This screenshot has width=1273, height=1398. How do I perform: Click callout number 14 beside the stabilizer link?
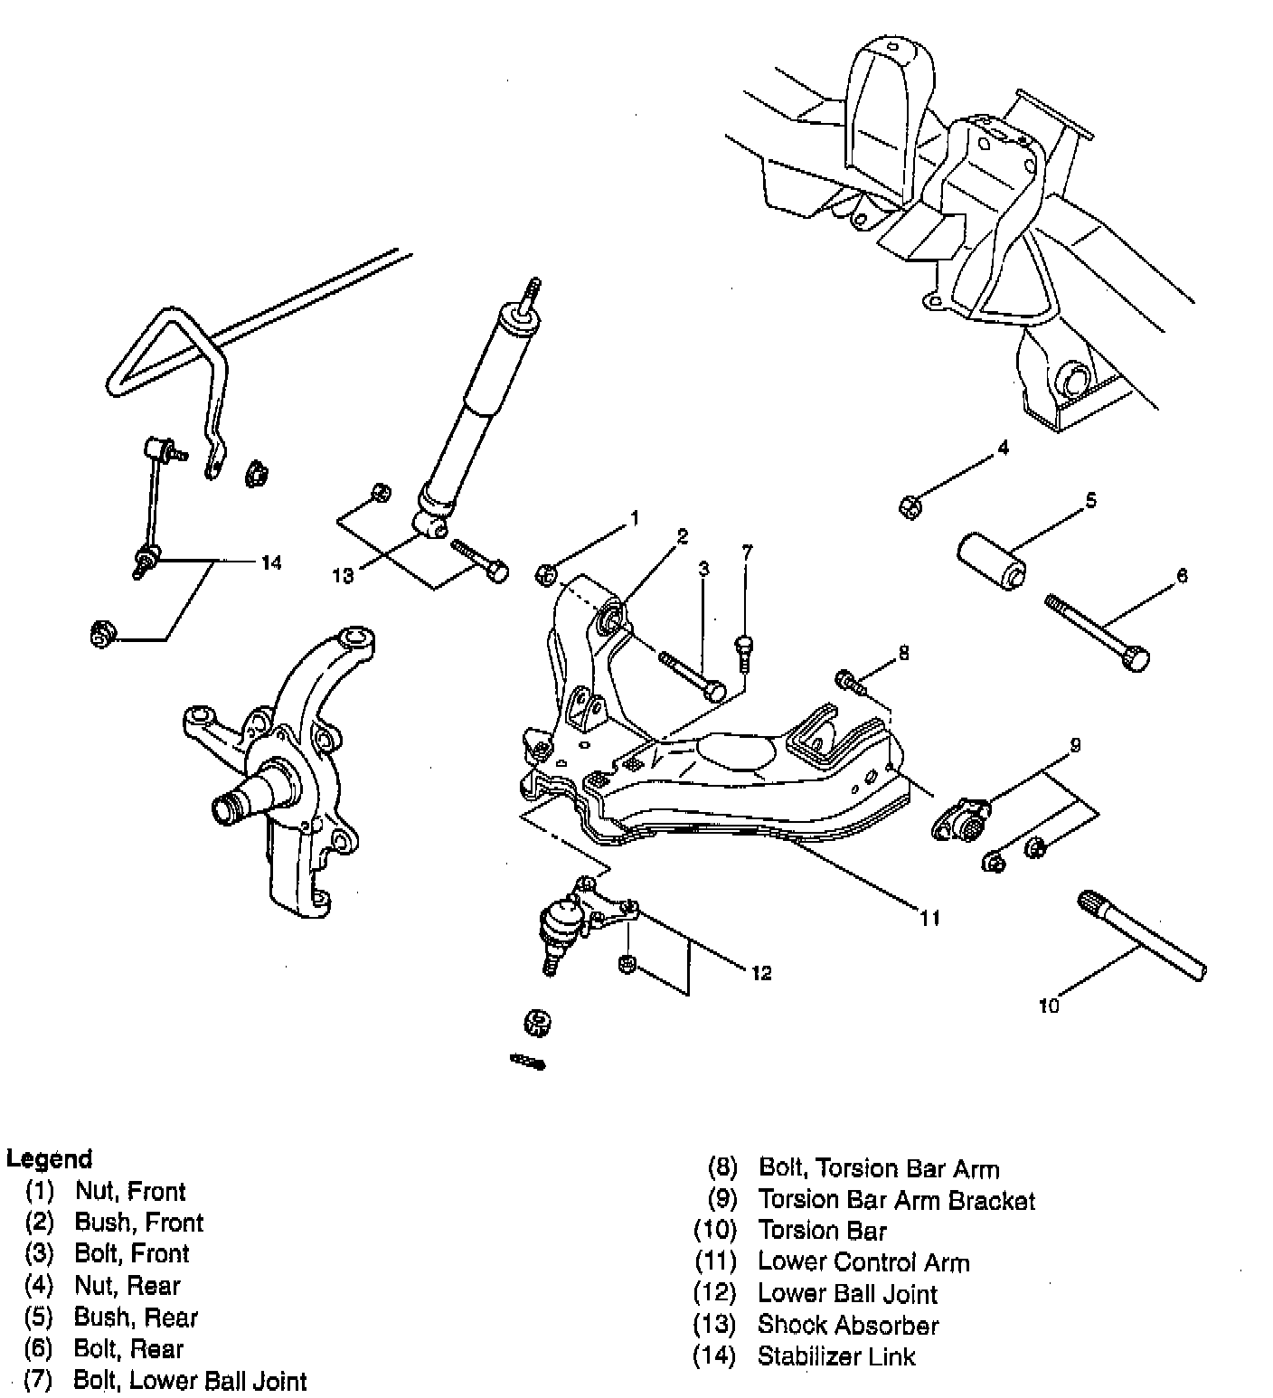pos(270,563)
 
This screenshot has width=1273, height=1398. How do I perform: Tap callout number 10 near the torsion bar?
pos(1049,1006)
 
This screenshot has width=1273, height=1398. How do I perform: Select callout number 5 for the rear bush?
pos(1091,500)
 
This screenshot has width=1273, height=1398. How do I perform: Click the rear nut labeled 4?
pos(910,506)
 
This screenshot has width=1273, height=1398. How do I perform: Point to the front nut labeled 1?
pos(546,573)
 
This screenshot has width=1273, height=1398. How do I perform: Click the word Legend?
pos(50,1158)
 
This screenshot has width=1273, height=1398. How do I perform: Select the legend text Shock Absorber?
pos(847,1325)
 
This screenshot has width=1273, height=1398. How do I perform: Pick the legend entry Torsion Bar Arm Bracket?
pos(896,1200)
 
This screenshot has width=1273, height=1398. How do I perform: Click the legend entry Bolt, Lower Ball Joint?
pos(190,1381)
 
